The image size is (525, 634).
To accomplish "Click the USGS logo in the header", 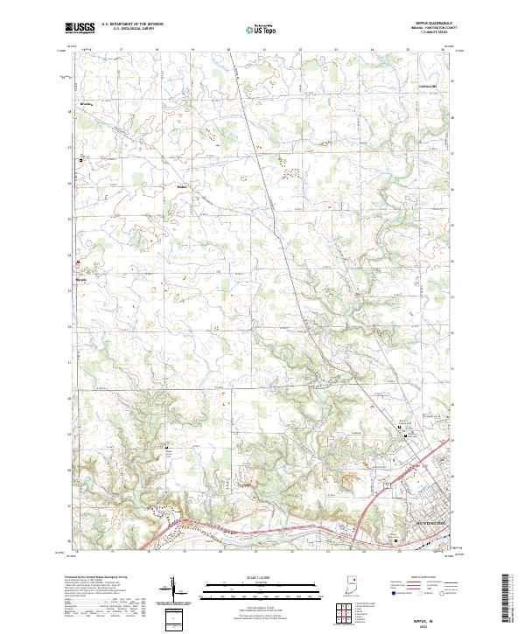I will [80, 27].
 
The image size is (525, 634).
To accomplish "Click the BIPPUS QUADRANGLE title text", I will [429, 24].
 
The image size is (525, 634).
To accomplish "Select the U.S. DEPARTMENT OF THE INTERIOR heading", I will [132, 24].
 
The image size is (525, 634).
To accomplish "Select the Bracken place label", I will [87, 104].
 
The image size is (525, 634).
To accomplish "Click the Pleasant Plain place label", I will [182, 186].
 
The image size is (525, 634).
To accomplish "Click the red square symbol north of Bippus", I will [79, 261].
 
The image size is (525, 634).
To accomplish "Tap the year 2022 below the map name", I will [411, 624].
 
